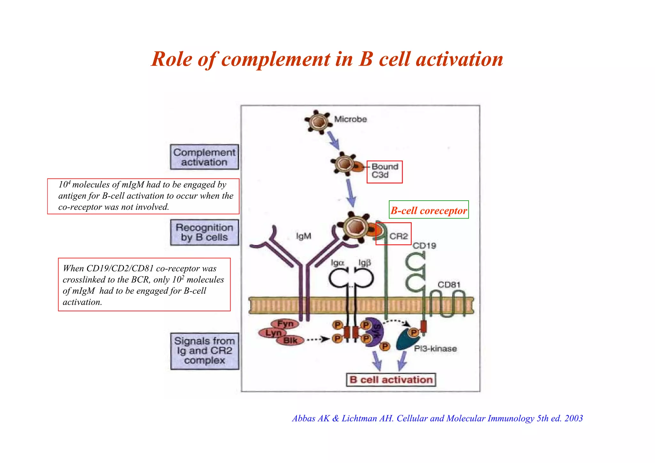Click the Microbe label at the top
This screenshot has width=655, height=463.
[351, 119]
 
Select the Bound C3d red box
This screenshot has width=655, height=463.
[384, 172]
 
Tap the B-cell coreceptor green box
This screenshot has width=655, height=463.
[429, 210]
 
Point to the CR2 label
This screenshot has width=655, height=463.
[399, 236]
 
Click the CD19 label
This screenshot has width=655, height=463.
[424, 246]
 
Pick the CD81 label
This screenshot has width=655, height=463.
[449, 285]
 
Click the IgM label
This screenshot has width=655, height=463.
[304, 236]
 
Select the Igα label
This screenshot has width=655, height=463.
[337, 263]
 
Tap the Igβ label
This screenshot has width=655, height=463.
[364, 263]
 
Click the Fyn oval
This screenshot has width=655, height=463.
[285, 324]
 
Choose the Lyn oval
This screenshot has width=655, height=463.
[273, 333]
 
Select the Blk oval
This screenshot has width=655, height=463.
[290, 340]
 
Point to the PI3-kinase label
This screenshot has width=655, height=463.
[435, 349]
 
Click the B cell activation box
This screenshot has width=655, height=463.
[391, 380]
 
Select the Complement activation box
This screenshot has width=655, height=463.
[204, 157]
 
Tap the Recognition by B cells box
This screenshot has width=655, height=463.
[204, 232]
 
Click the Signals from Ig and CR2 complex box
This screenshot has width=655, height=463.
[205, 351]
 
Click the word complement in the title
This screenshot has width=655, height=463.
[276, 60]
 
